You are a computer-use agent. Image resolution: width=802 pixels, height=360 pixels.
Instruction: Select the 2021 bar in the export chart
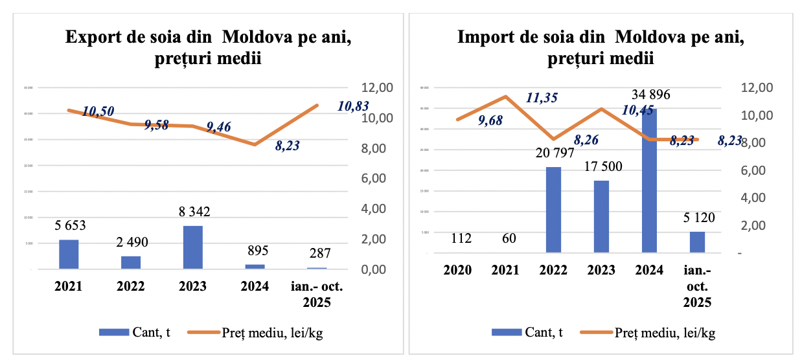click(69, 254)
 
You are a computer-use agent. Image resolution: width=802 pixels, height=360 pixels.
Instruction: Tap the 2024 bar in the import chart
click(650, 181)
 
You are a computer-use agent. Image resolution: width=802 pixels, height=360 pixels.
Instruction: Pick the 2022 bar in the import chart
click(553, 210)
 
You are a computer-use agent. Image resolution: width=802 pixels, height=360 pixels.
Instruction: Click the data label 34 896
click(648, 95)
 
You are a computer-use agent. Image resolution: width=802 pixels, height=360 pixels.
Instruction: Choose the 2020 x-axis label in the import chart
click(457, 270)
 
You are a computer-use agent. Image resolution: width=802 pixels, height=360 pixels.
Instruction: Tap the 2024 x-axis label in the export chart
click(255, 286)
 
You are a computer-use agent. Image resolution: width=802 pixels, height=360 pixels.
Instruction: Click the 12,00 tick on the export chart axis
click(377, 88)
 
